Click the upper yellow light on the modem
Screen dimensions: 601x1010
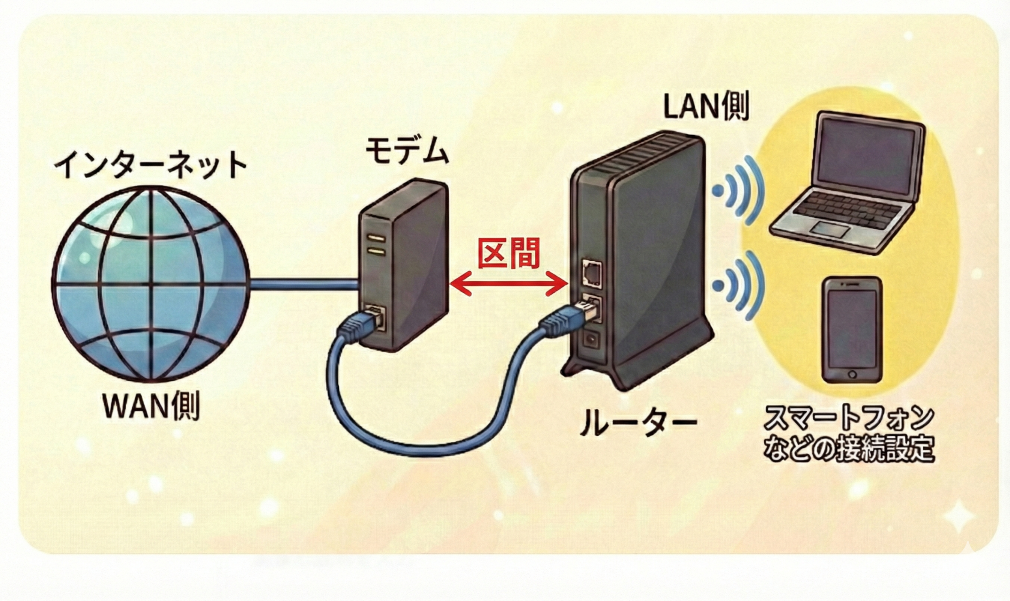[376, 238]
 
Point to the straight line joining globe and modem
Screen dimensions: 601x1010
[304, 284]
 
